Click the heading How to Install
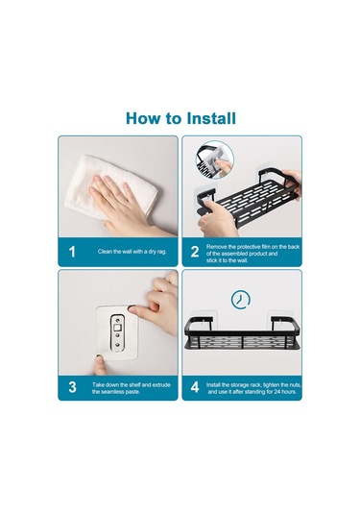click(180, 118)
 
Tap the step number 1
click(72, 252)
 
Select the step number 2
click(195, 252)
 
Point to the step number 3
click(72, 387)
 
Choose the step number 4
click(195, 387)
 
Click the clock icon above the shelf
click(240, 300)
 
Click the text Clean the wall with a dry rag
click(132, 252)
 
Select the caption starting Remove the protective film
click(252, 254)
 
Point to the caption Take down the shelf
click(131, 388)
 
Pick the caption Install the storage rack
click(253, 388)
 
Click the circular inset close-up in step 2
click(215, 160)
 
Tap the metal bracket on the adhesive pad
click(118, 332)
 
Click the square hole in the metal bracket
click(118, 328)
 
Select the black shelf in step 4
click(242, 333)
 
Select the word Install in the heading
click(211, 118)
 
